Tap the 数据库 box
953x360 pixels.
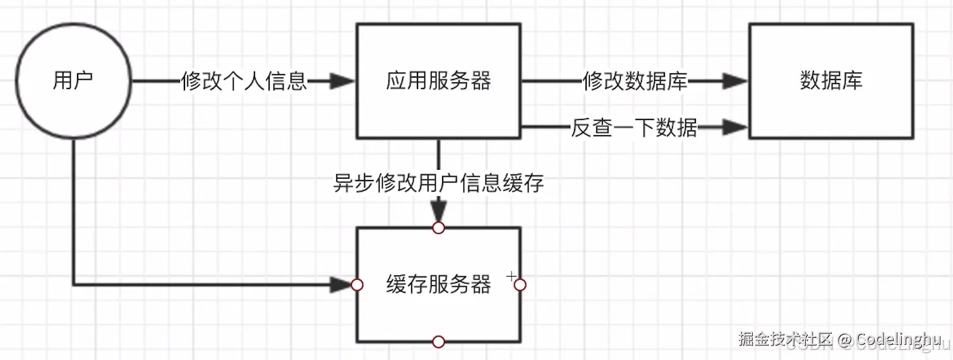point(830,81)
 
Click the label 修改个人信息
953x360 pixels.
point(244,81)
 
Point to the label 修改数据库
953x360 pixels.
point(635,81)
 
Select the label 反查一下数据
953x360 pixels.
point(634,128)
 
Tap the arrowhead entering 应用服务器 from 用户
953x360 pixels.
point(342,81)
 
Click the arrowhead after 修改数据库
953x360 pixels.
point(734,81)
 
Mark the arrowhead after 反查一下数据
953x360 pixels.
point(734,128)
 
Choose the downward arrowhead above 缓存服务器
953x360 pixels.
point(438,211)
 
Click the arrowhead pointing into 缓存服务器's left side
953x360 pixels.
point(341,285)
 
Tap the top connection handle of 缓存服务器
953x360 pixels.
point(438,227)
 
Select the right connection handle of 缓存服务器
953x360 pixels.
point(520,285)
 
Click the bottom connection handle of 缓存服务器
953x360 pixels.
point(438,342)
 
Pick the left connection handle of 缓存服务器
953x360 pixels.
point(357,285)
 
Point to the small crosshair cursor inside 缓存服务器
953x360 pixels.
point(511,276)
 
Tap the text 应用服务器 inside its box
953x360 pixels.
point(438,81)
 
